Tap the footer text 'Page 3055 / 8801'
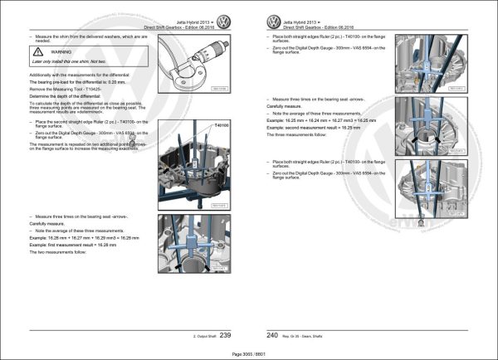(x=248, y=352)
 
